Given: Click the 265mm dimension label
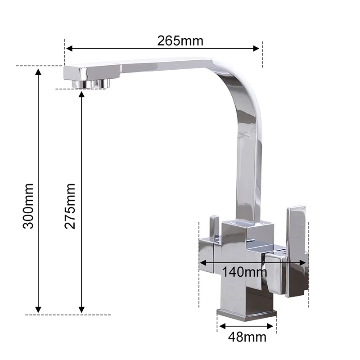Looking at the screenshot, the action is click(180, 41).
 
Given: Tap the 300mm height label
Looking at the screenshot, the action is click(28, 206).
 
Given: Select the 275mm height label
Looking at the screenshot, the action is click(70, 206).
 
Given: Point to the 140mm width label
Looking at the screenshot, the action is click(244, 272).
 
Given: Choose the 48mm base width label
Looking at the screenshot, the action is click(247, 337).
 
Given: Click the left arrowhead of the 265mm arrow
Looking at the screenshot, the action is click(69, 49).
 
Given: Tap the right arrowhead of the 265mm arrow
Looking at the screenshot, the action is click(256, 49).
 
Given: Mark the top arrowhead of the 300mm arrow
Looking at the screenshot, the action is click(38, 72).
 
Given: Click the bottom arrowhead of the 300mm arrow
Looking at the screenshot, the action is click(38, 310).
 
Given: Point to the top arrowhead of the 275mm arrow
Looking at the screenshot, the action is click(81, 94).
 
